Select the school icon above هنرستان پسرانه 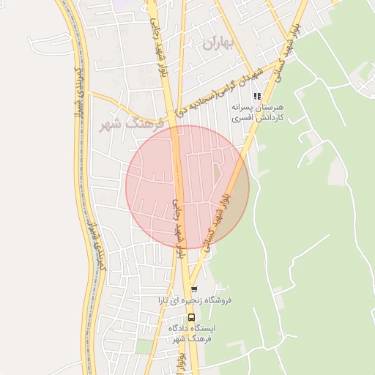[256, 96]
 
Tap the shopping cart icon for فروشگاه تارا [194, 289]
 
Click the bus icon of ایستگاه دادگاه [191, 317]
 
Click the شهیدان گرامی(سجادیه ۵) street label [220, 89]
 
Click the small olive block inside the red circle [218, 174]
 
